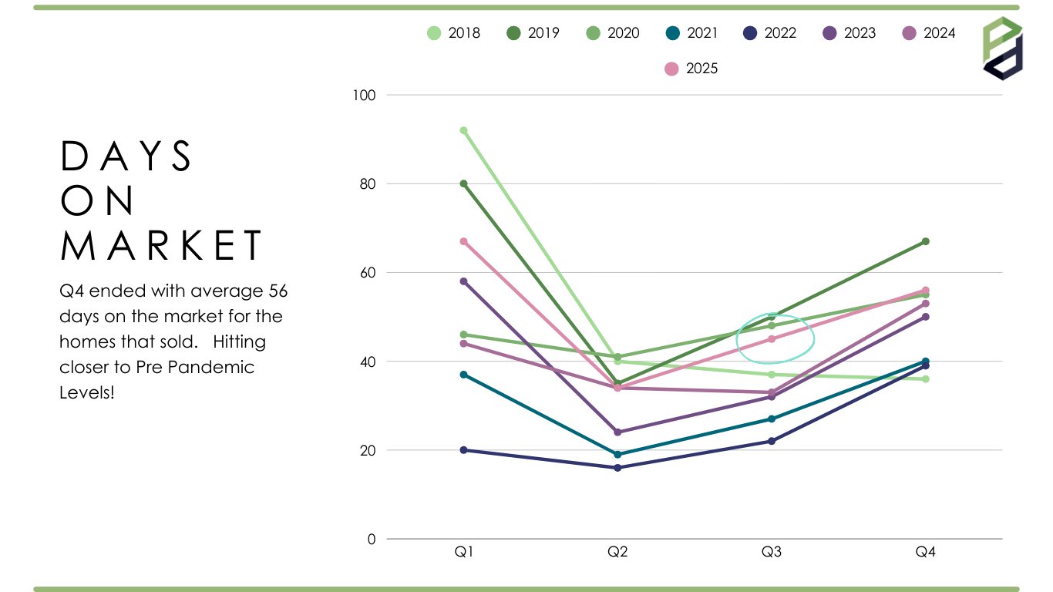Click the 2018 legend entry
[454, 33]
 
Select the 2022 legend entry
[770, 33]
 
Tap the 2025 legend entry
[691, 69]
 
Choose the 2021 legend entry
[691, 33]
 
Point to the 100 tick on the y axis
[365, 96]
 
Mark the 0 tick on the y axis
[372, 539]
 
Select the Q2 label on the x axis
[617, 552]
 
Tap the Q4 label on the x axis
[925, 552]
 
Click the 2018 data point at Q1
[463, 130]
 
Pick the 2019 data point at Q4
[925, 241]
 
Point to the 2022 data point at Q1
[463, 450]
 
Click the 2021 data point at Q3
[771, 419]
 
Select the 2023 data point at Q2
[617, 432]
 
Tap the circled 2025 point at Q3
[771, 339]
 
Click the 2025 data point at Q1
[463, 241]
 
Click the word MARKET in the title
[162, 245]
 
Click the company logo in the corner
[1002, 48]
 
